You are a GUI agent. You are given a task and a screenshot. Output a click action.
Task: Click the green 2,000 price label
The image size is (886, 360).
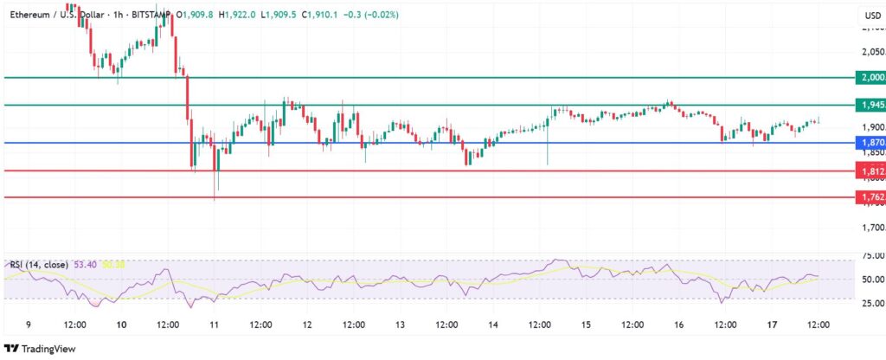pos(870,77)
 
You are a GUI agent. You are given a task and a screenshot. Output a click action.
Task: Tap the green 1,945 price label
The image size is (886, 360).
pos(870,105)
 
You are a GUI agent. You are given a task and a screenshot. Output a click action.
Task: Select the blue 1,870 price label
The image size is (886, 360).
pos(870,142)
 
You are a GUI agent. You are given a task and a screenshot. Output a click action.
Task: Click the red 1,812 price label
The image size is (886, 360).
pos(870,171)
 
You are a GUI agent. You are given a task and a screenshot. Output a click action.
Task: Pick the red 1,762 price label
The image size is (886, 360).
pos(870,197)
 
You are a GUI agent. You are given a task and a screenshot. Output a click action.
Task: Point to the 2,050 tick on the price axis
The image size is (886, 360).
pos(871,51)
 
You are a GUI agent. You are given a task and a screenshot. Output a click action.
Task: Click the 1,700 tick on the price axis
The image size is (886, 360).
pos(871,228)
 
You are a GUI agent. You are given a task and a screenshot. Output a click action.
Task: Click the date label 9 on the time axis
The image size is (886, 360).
pos(29,324)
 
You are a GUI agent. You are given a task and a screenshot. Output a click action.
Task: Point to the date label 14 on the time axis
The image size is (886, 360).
pos(493,324)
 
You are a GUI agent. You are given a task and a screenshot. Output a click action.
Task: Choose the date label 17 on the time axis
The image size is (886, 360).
pos(772,324)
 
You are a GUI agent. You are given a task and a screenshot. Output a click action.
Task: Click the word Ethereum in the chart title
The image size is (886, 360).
pos(30,15)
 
